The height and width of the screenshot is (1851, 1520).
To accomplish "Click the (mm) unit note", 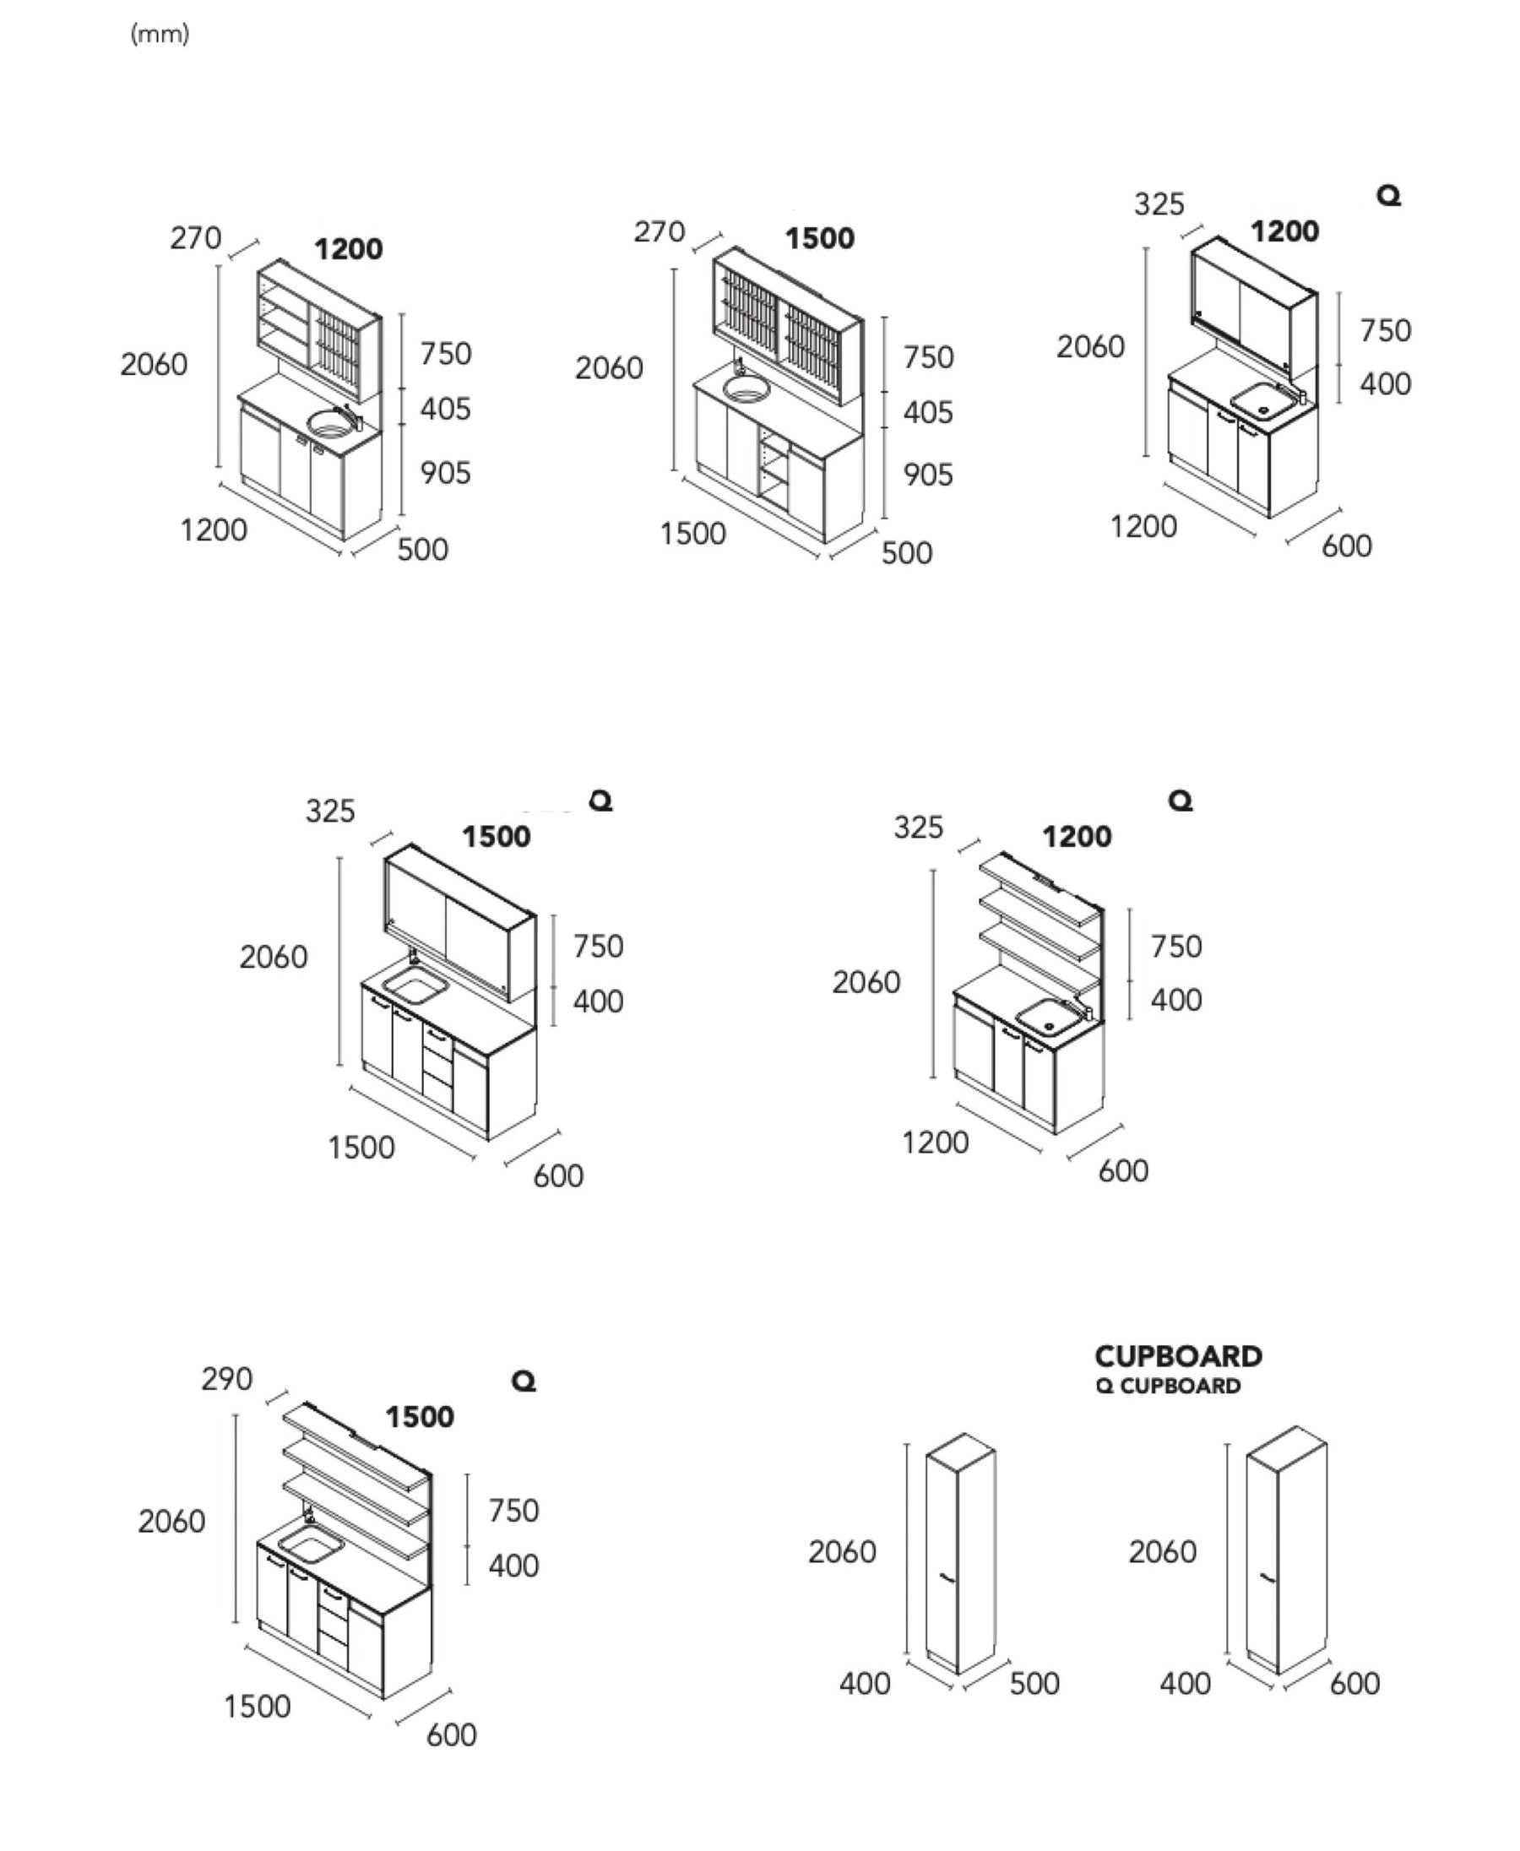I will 160,34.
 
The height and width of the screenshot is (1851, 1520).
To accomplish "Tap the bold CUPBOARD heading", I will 1178,1356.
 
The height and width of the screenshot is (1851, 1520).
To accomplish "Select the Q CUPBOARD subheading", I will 1168,1386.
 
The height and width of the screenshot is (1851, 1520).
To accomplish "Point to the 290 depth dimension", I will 227,1379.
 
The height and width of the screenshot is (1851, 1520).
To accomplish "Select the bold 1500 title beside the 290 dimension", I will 420,1417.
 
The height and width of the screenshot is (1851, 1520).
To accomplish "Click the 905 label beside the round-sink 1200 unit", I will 445,473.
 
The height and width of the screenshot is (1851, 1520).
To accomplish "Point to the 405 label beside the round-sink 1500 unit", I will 928,412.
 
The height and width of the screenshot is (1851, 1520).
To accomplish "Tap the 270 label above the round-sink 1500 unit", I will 660,232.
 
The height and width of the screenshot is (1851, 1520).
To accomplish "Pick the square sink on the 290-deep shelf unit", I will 309,1546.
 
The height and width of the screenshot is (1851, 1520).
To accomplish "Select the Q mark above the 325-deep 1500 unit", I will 601,801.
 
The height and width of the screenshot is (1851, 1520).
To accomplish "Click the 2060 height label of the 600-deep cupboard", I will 1162,1551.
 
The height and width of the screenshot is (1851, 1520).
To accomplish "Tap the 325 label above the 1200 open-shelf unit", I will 919,828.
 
